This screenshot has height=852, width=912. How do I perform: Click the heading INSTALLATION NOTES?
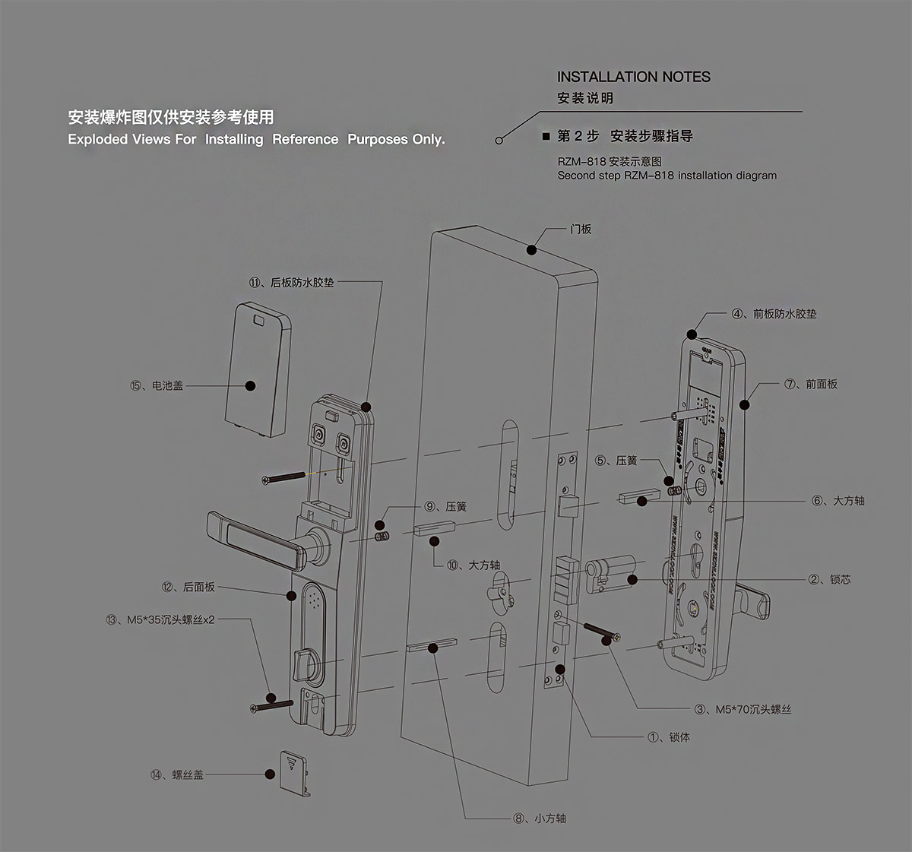[633, 77]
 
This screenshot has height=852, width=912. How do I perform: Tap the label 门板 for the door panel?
[581, 229]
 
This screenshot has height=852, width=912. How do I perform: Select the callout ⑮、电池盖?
[157, 385]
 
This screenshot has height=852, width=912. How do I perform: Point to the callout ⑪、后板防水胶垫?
[291, 283]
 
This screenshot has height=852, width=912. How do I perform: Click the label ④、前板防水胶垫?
[774, 313]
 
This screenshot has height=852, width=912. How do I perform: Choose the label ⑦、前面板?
[811, 384]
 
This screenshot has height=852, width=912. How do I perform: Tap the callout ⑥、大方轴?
[838, 501]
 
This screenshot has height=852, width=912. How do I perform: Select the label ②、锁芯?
[829, 579]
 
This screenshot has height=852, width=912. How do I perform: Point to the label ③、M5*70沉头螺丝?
[743, 709]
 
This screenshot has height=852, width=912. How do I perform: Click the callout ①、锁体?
[669, 737]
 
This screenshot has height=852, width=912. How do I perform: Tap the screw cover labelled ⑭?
[292, 769]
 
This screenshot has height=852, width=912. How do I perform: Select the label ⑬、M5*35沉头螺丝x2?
[160, 619]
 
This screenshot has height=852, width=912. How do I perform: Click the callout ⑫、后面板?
[188, 587]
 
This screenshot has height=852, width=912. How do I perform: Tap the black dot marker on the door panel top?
[532, 249]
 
